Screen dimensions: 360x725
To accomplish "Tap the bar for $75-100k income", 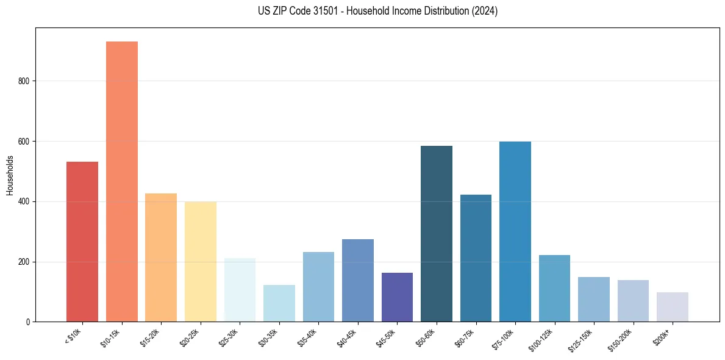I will pos(515,231).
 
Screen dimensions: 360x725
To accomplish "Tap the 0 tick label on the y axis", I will pos(27,322).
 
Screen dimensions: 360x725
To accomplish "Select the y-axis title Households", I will pos(10,175).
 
